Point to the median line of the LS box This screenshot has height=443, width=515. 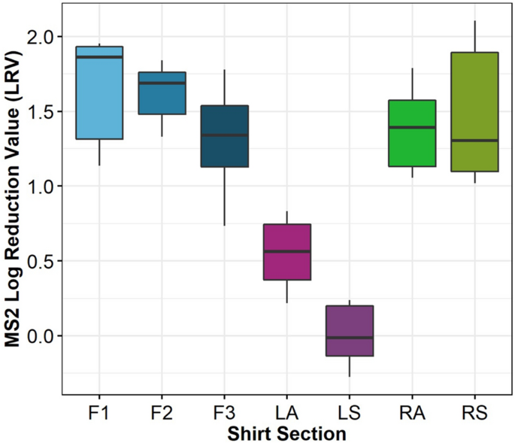coord(350,338)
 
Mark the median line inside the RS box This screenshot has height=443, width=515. coord(474,141)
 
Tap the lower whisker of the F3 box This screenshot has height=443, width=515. coord(225,196)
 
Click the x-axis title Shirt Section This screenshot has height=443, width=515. coord(287,433)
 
